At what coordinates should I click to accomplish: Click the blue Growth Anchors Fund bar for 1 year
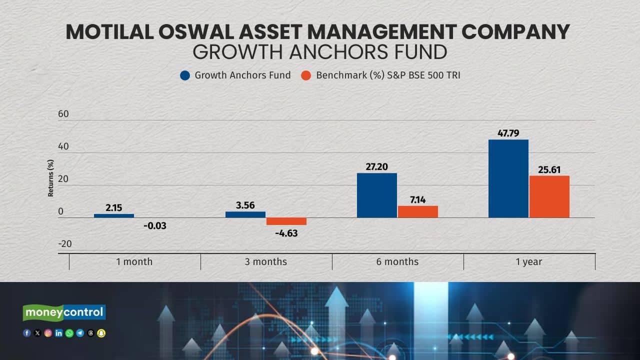pos(508,178)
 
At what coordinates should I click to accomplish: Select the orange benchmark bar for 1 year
pos(549,196)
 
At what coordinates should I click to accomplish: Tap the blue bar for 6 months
pos(377,195)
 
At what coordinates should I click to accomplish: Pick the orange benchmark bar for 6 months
pos(418,211)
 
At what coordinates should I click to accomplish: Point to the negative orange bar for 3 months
pos(286,221)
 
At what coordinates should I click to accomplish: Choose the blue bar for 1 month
pos(114,215)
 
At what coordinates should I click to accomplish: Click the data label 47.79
pos(508,133)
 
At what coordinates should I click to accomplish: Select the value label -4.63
pos(286,233)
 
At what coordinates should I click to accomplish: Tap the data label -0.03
pos(154,226)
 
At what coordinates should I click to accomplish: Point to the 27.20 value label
pos(377,167)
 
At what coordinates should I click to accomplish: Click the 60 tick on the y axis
pos(63,114)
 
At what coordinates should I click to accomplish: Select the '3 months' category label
pos(266,261)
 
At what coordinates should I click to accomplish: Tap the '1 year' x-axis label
pos(529,261)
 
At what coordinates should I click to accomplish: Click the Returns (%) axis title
pos(50,178)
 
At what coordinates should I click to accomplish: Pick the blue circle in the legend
pos(185,76)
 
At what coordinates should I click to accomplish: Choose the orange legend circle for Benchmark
pos(306,76)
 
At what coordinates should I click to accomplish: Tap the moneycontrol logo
pos(64,312)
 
